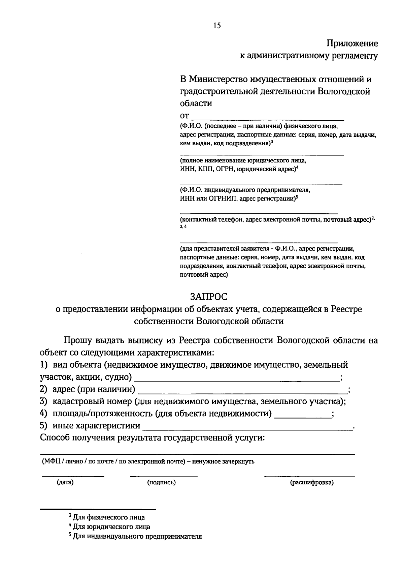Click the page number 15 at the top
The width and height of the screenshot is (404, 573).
217,26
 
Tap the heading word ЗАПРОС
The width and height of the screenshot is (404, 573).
209,297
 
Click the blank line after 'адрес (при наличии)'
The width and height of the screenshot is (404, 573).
242,393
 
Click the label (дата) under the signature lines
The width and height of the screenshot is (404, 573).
65,482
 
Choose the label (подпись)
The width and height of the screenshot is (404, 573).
162,482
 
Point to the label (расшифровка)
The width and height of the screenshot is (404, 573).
312,482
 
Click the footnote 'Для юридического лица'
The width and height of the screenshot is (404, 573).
111,526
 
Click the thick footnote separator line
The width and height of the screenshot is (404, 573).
98,509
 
